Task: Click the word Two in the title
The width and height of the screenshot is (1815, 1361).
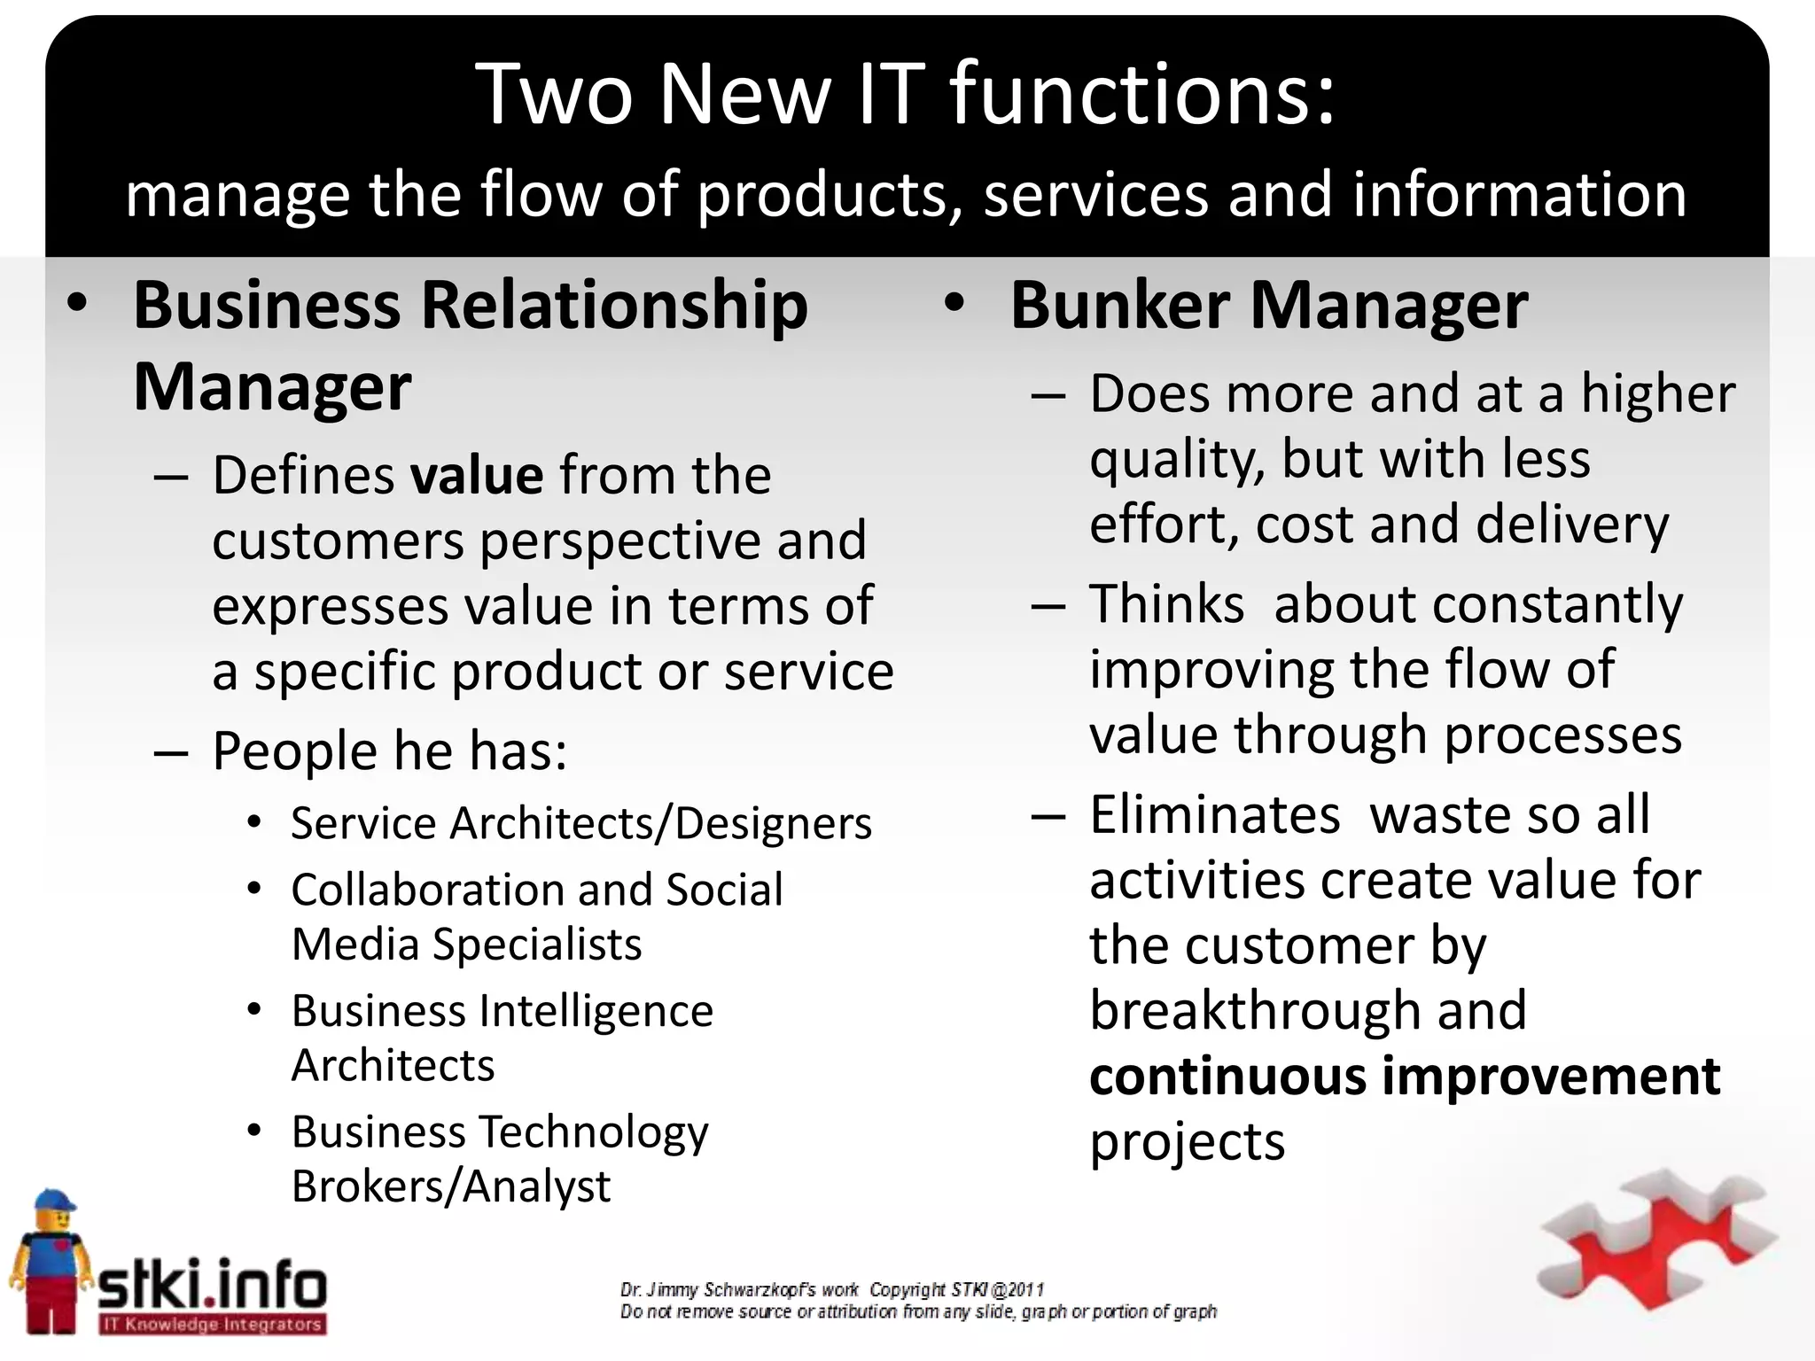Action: click(x=554, y=95)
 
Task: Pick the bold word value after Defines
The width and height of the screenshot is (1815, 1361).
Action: click(x=476, y=476)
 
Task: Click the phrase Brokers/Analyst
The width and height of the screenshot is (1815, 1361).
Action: click(x=450, y=1186)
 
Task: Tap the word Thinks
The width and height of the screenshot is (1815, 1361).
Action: click(x=1166, y=604)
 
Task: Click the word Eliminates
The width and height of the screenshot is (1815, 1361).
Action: click(x=1214, y=815)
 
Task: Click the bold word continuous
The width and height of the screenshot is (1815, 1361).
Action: click(x=1228, y=1077)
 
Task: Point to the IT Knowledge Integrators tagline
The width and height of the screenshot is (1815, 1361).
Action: click(x=211, y=1325)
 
